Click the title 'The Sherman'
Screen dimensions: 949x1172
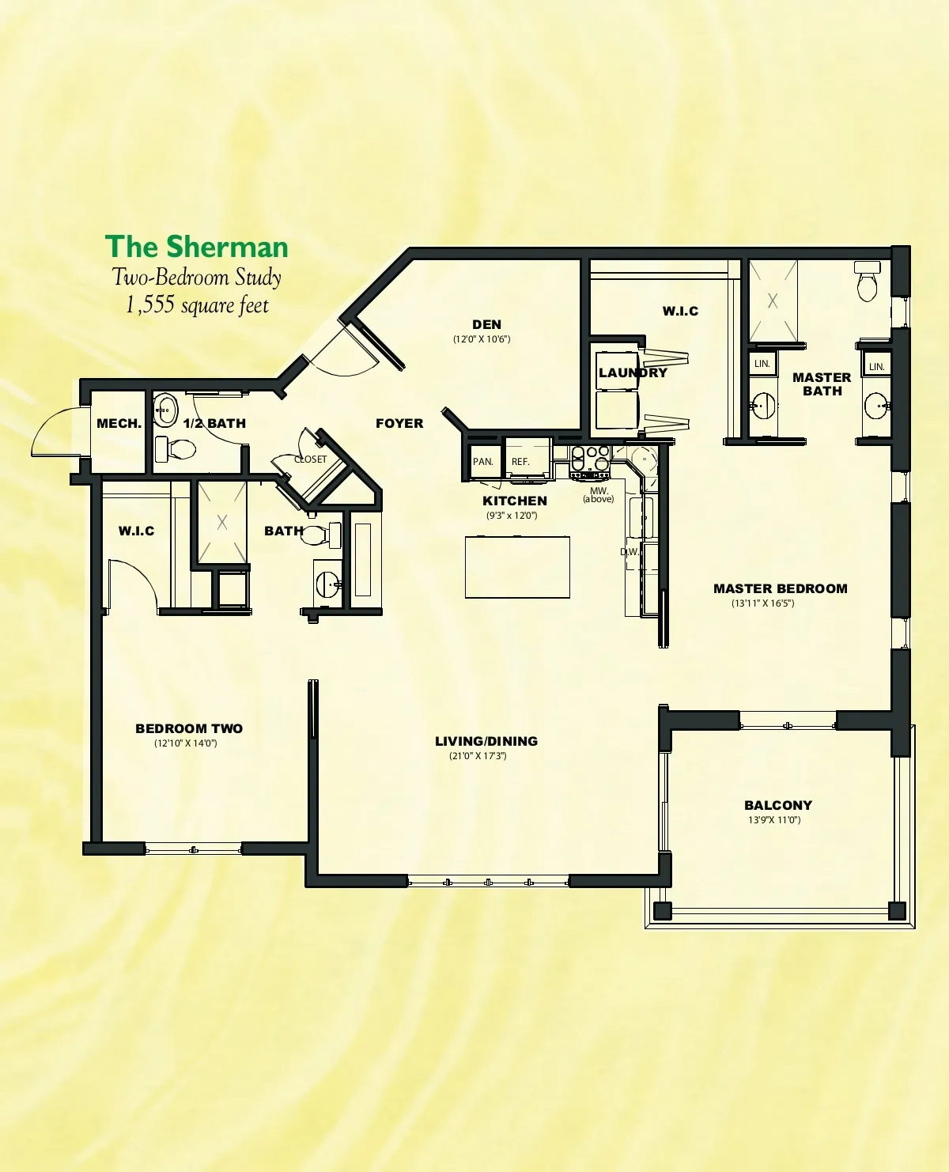(196, 247)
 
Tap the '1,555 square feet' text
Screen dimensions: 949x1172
(197, 305)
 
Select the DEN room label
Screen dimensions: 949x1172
(487, 325)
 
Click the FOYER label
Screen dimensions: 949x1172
(399, 423)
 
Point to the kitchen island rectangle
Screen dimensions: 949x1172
(517, 567)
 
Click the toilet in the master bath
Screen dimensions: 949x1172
(867, 282)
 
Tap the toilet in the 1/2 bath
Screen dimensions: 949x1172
(176, 449)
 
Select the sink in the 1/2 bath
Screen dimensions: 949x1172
(165, 410)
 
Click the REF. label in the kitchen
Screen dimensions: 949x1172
(520, 462)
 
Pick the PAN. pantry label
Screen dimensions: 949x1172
(483, 462)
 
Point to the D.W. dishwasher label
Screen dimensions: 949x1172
(630, 552)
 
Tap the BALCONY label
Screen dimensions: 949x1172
(778, 805)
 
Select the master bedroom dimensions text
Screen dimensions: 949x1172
(762, 603)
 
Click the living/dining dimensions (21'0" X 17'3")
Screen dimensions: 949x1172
(478, 756)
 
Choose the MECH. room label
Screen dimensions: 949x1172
(119, 423)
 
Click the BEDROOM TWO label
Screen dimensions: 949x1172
(189, 728)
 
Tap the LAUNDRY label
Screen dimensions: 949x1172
(633, 372)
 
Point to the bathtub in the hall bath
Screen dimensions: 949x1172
(363, 560)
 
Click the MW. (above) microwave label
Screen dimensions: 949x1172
(599, 495)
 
